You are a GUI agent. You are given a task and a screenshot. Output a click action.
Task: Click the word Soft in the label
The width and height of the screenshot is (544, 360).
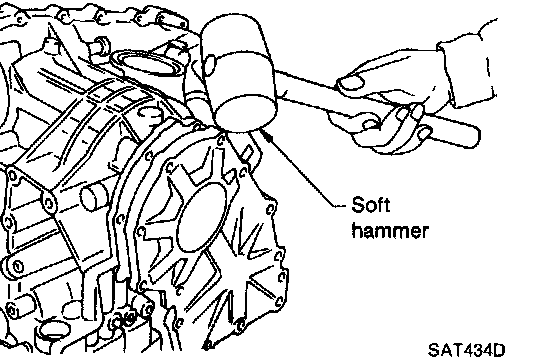coord(371,205)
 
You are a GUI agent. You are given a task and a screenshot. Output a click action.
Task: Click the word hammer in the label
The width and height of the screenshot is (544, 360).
coord(390,230)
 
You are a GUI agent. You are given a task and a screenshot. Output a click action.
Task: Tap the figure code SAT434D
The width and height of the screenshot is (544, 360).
coord(466,350)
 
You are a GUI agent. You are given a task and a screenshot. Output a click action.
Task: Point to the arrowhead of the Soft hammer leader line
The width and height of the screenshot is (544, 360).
coord(267,136)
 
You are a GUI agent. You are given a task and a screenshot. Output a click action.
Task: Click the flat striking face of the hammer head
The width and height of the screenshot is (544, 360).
coord(246,112)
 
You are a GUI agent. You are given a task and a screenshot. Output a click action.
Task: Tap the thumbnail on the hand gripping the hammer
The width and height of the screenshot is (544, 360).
coord(351,83)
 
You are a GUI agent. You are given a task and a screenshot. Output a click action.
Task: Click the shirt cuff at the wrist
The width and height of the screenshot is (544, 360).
coord(467,69)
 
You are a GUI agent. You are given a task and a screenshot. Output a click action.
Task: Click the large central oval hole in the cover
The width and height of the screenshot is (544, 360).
coord(201,217)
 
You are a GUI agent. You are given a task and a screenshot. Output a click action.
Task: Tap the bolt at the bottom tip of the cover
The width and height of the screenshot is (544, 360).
coord(207,345)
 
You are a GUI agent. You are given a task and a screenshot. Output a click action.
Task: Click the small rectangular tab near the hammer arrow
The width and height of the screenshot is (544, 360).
coord(248,153)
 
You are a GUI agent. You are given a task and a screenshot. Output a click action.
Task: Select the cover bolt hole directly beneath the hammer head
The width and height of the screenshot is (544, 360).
coord(221,140)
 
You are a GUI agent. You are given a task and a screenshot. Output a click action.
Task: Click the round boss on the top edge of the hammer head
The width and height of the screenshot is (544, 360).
coord(209,65)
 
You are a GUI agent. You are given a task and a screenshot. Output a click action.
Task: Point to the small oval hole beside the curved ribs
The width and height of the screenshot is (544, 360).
coord(149,113)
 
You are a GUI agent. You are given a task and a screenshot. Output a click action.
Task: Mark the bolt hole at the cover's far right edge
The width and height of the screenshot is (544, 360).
coord(282,277)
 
